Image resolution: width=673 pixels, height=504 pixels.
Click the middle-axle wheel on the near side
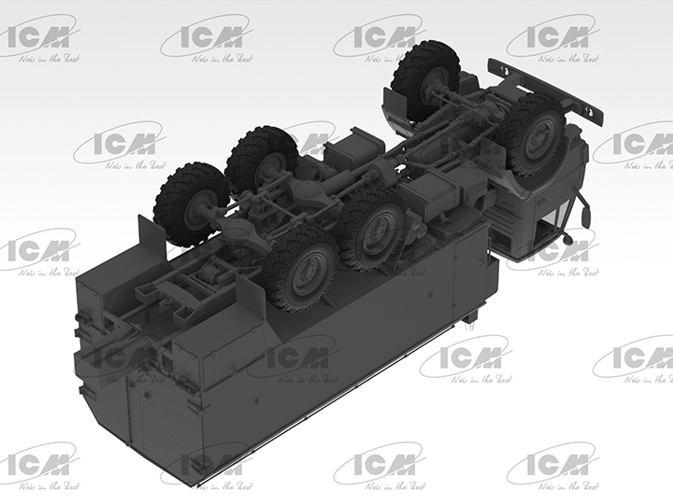[x=371, y=228]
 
